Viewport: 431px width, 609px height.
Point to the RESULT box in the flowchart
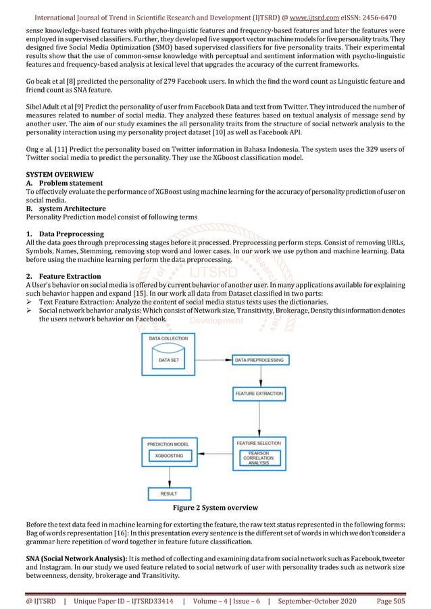(169, 494)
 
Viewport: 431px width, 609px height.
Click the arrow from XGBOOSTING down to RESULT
(169, 479)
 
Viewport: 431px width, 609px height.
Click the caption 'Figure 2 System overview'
(215, 506)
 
